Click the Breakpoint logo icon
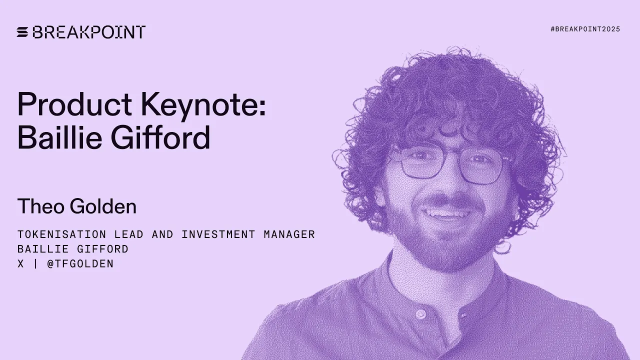[22, 32]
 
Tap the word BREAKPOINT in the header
[89, 32]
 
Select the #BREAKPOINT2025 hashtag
[585, 29]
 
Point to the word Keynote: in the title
[203, 104]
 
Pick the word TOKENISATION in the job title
[61, 234]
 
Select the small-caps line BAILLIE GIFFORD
[73, 249]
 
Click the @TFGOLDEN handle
[80, 264]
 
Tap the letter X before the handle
[20, 264]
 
